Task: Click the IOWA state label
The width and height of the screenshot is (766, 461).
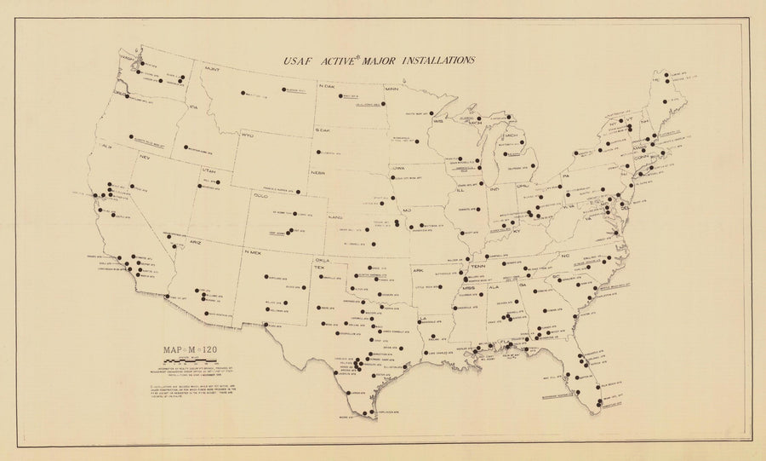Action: tap(397, 169)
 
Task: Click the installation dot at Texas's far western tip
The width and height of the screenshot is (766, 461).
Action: tap(267, 326)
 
